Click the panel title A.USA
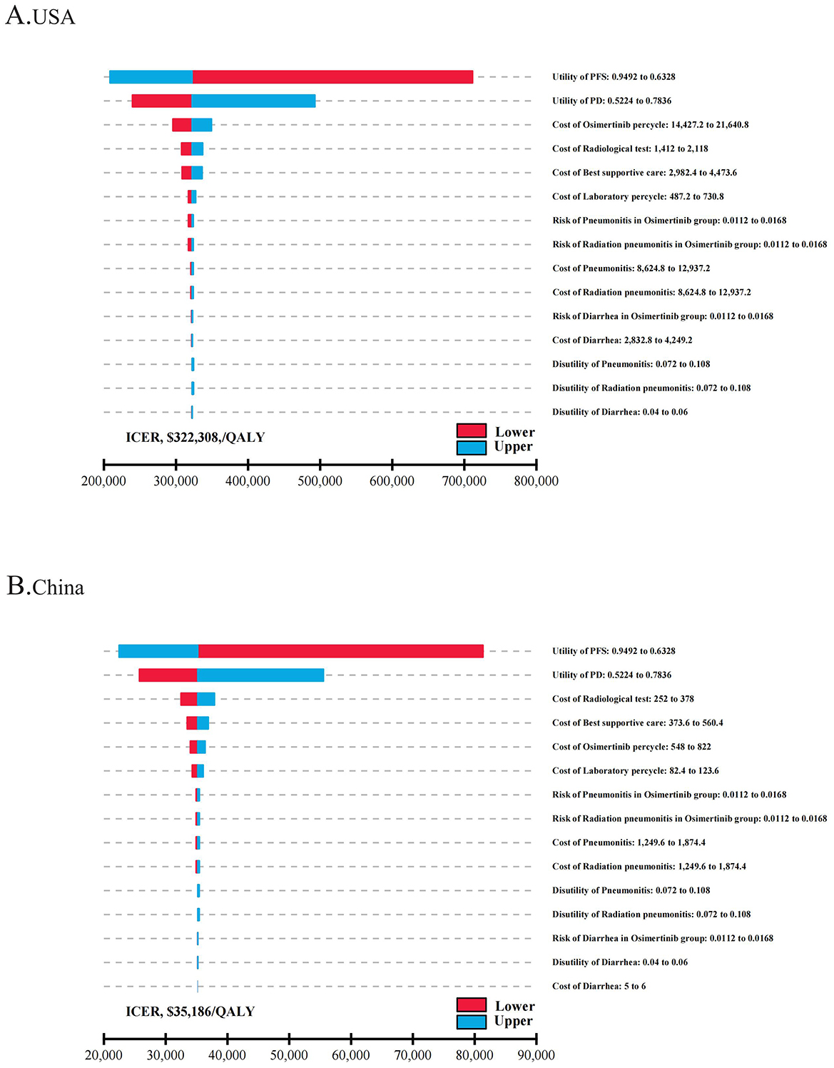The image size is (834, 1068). [40, 16]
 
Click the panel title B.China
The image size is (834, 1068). [45, 587]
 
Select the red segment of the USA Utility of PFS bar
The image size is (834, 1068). [332, 77]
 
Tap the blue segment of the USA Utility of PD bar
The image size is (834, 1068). [253, 101]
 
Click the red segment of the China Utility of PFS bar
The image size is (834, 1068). [341, 651]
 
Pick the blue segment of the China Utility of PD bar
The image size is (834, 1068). [260, 675]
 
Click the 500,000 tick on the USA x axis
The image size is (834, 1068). [320, 480]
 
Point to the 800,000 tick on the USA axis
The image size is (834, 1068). [536, 480]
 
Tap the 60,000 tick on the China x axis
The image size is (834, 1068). [350, 1054]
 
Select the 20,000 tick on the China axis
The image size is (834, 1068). [103, 1054]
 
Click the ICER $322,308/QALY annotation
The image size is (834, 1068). [195, 438]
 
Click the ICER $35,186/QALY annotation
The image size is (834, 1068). [190, 1012]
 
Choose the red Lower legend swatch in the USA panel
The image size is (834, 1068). [471, 430]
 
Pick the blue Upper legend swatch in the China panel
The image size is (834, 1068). [471, 1022]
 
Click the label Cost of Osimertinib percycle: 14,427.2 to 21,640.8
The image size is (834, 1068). [650, 125]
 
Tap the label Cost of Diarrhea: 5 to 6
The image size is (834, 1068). [599, 986]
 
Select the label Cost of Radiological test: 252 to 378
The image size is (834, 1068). [623, 699]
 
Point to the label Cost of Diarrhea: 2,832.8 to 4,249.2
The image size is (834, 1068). [622, 341]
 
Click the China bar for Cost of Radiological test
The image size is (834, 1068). [198, 699]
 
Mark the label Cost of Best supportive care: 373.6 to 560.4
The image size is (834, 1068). [637, 723]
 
